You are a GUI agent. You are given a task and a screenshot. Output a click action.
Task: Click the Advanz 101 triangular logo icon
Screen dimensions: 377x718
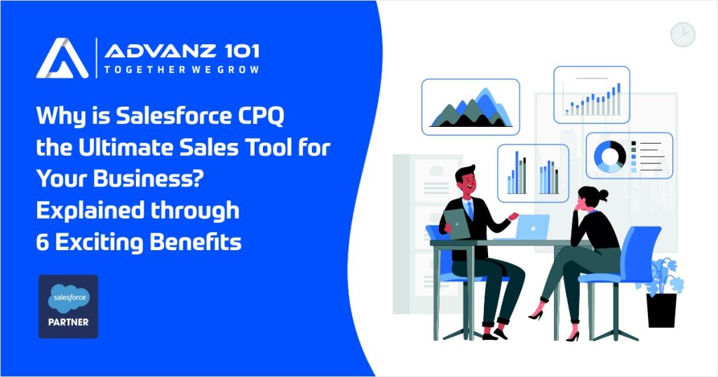coord(62,57)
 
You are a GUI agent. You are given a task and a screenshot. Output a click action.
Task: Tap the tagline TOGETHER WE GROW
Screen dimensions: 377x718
coord(181,70)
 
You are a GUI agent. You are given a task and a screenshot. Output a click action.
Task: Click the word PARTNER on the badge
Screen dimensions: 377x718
coord(68,324)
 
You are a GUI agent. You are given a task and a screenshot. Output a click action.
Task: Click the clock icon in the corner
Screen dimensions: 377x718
coord(682,34)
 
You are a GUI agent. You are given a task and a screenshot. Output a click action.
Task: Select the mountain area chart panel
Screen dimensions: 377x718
coord(470,107)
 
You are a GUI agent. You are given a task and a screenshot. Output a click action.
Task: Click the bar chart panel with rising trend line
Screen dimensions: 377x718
coord(592,95)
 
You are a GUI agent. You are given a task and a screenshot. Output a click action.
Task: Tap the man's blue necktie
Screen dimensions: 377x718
coord(470,210)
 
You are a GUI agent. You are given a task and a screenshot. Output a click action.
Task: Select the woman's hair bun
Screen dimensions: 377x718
coord(604,194)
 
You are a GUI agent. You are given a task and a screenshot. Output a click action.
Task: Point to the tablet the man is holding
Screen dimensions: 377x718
coord(456,222)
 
